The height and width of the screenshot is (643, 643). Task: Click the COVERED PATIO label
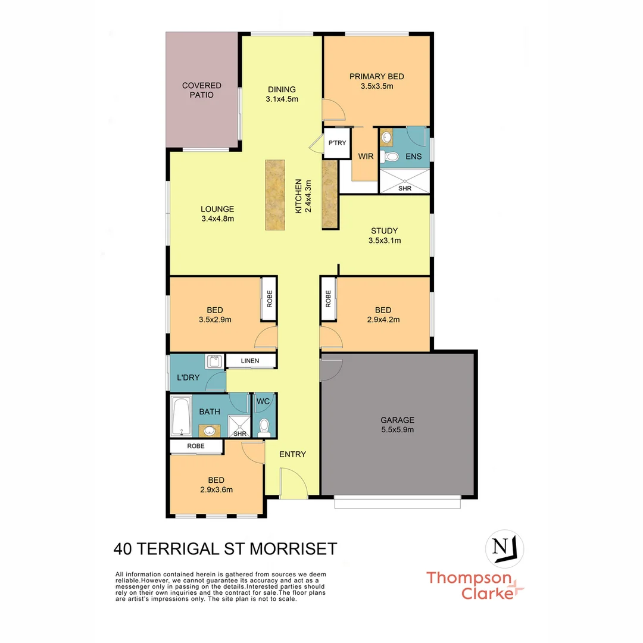[202, 90]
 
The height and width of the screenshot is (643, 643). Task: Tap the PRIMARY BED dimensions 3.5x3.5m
[376, 86]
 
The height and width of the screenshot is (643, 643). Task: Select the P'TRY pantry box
[336, 143]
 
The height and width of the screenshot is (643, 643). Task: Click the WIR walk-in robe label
[365, 157]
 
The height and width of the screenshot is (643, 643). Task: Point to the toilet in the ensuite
[391, 157]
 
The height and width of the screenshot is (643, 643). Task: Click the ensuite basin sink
[386, 138]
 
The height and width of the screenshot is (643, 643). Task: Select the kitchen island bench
[274, 194]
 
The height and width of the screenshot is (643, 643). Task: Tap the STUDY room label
[384, 231]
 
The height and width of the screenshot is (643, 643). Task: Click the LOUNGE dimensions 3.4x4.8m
[217, 219]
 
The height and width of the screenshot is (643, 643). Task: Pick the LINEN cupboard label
[250, 361]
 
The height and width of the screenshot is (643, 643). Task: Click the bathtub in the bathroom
[180, 417]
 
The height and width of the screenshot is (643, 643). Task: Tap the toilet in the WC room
[264, 426]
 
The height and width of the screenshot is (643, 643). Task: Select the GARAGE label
[397, 420]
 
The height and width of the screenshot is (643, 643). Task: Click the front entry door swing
[292, 482]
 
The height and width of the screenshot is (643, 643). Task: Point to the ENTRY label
[292, 454]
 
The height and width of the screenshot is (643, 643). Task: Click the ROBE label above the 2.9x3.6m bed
[195, 446]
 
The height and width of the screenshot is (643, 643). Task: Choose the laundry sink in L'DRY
[214, 361]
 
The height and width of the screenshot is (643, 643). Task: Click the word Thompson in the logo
[469, 578]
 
